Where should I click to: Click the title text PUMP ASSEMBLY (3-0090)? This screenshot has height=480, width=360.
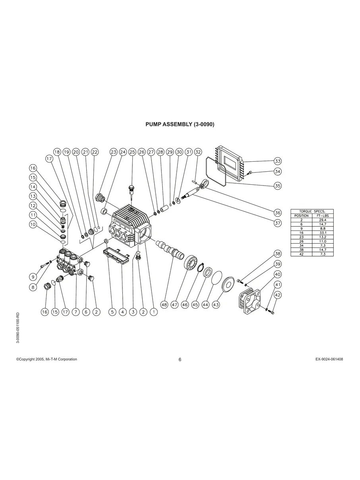coord(180,124)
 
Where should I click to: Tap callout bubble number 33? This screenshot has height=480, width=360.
coord(277,161)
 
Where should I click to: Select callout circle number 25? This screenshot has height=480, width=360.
coord(132,152)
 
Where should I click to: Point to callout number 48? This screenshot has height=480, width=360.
coord(164,305)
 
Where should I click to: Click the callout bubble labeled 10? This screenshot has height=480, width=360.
coord(33,224)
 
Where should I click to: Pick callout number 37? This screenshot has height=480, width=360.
coord(277,223)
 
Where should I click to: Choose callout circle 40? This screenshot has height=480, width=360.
coord(277,274)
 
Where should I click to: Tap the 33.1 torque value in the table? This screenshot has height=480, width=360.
coord(323,233)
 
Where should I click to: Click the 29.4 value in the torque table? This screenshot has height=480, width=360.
coord(323,220)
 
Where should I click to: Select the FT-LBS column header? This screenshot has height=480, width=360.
coord(323,216)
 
